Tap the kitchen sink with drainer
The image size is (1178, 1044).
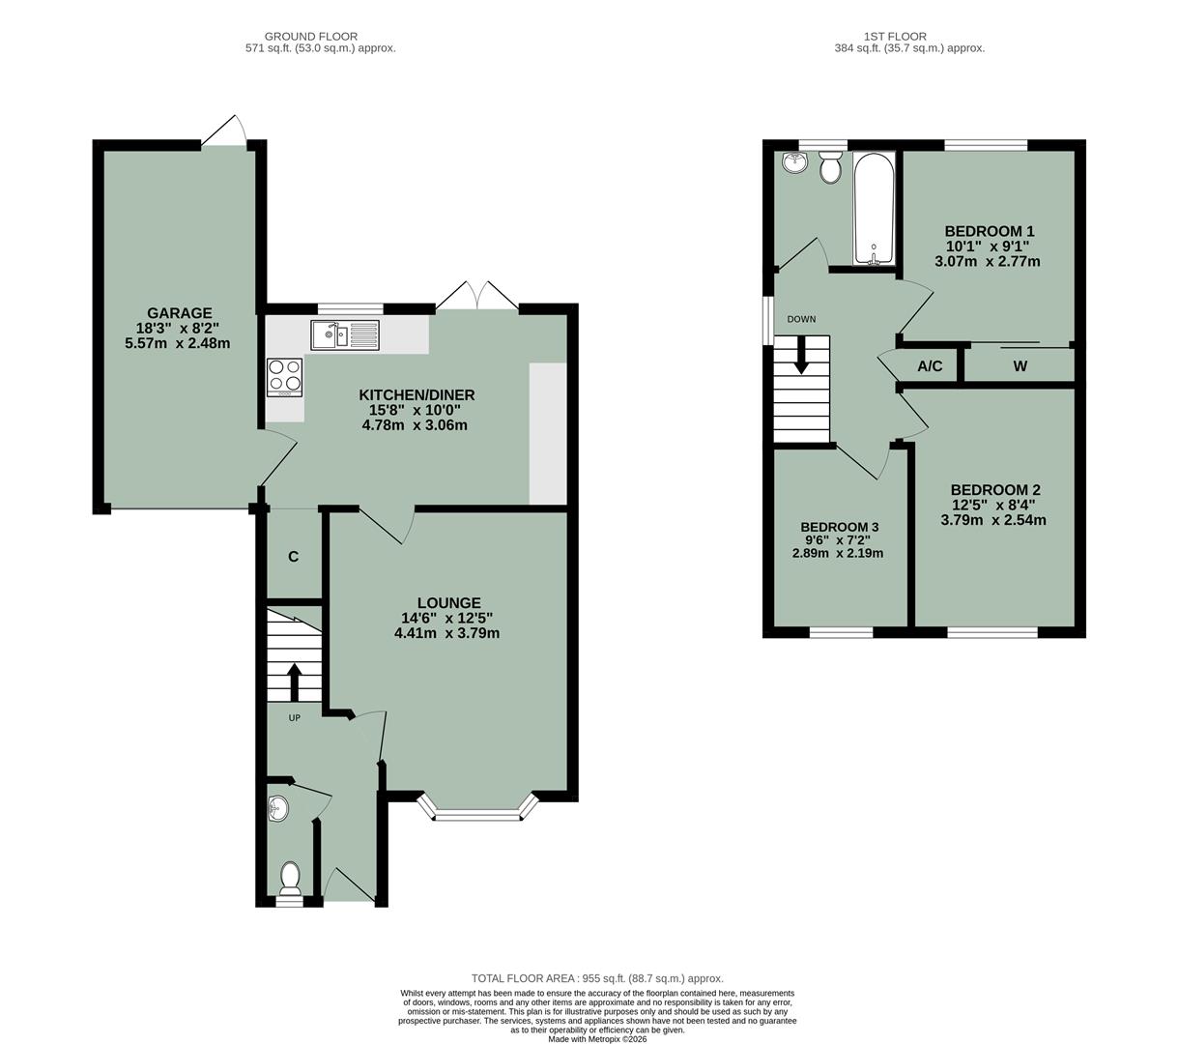(x=346, y=335)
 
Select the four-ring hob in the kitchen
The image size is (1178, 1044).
(x=285, y=377)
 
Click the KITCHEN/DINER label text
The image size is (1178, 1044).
(x=417, y=394)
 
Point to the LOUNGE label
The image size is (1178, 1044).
(x=448, y=603)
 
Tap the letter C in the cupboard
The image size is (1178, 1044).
(x=293, y=557)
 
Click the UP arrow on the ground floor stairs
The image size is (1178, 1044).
(x=293, y=680)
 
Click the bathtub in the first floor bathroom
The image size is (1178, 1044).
(x=874, y=208)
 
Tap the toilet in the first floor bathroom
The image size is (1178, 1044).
(x=829, y=169)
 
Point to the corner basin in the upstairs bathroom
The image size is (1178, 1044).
(x=794, y=161)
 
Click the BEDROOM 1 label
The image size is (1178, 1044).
(x=989, y=231)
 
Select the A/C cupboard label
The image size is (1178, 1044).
(x=930, y=366)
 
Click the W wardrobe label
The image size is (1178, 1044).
(x=1020, y=366)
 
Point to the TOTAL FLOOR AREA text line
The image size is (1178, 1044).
(x=596, y=978)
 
